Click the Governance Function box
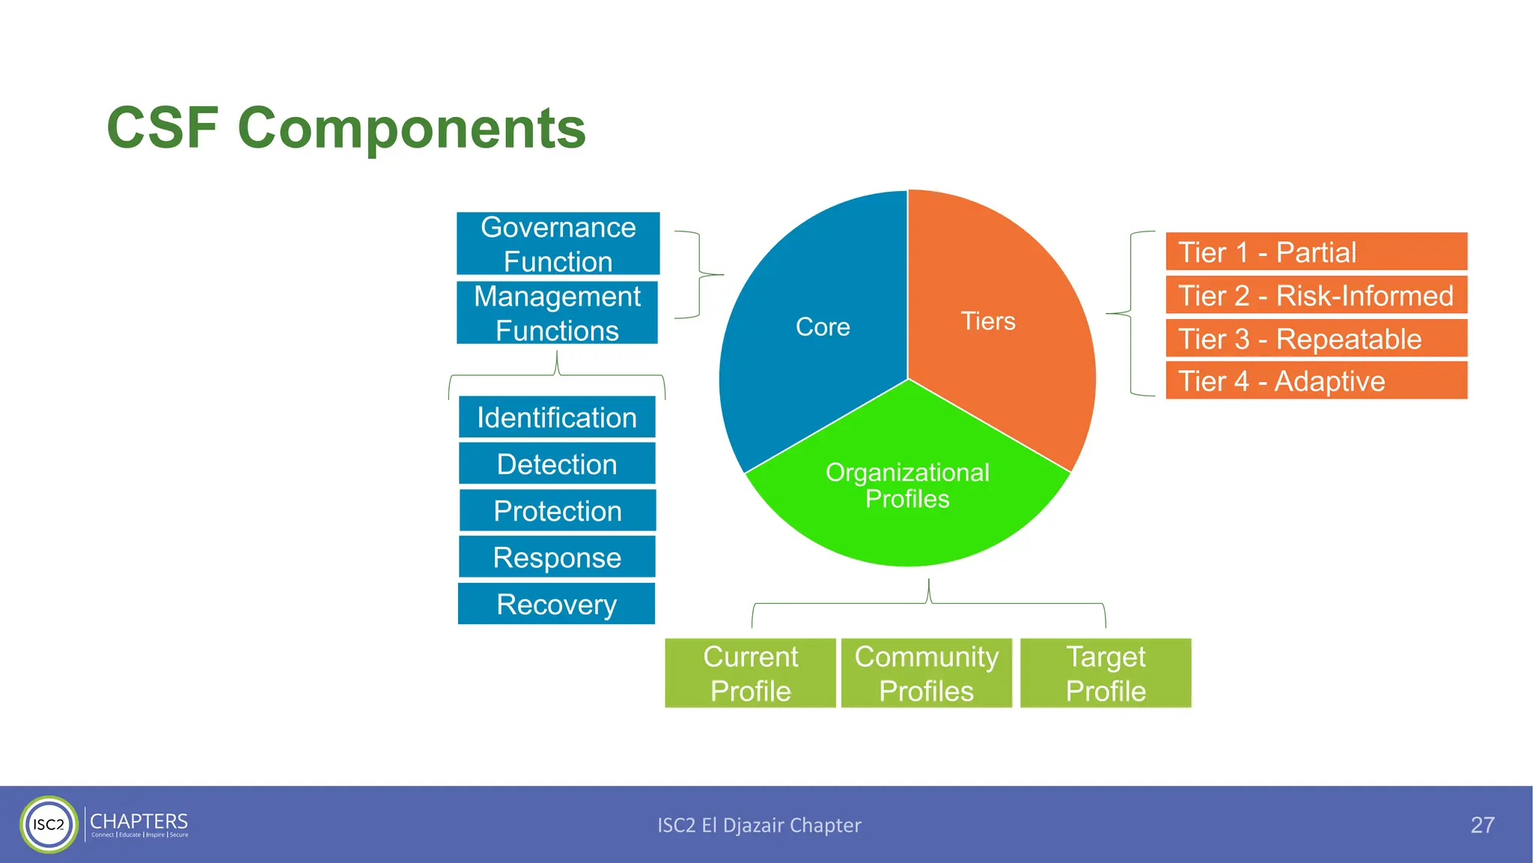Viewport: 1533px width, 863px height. (x=558, y=243)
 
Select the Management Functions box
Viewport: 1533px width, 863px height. (x=557, y=312)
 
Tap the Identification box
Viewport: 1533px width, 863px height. (x=557, y=417)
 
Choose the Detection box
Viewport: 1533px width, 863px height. (x=557, y=464)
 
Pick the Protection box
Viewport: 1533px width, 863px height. (x=557, y=510)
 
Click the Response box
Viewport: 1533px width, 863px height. (x=557, y=557)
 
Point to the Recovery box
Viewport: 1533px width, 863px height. (x=556, y=604)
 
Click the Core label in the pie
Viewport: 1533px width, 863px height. (x=823, y=327)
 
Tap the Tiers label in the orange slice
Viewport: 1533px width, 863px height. (x=988, y=321)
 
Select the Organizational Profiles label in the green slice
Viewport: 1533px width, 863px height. (x=907, y=485)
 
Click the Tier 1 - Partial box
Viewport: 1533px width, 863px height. (x=1316, y=252)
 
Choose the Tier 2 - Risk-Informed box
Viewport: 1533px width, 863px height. (x=1316, y=295)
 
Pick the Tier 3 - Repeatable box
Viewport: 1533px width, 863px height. (x=1316, y=339)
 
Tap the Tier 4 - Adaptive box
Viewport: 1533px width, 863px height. (x=1316, y=381)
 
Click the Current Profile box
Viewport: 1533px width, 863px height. (x=750, y=673)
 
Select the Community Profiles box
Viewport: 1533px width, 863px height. (x=926, y=673)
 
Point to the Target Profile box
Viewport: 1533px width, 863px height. (x=1106, y=673)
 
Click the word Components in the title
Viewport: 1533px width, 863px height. (x=411, y=128)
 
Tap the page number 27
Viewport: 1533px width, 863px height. (x=1482, y=825)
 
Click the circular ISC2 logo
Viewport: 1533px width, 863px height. (x=49, y=824)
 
